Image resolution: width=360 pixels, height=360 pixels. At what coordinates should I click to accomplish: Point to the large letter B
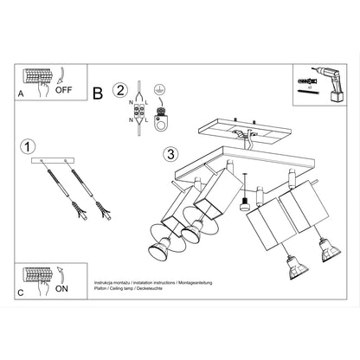pos(97,92)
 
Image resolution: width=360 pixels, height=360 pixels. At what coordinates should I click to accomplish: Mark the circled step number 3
pos(170,155)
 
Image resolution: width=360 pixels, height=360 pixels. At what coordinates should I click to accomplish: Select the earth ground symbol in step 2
pos(158,90)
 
